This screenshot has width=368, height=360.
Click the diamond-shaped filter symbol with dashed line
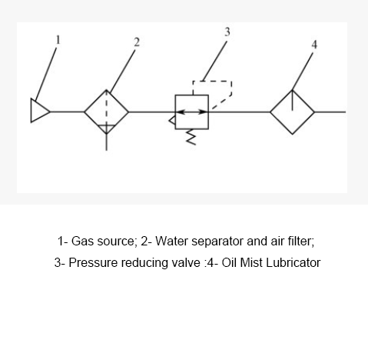(106, 112)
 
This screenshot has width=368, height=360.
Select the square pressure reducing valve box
(192, 112)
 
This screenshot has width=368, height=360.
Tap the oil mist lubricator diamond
(292, 112)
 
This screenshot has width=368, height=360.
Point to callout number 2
(136, 42)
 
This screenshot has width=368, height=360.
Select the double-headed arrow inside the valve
(192, 112)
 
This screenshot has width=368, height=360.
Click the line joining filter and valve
(152, 112)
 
